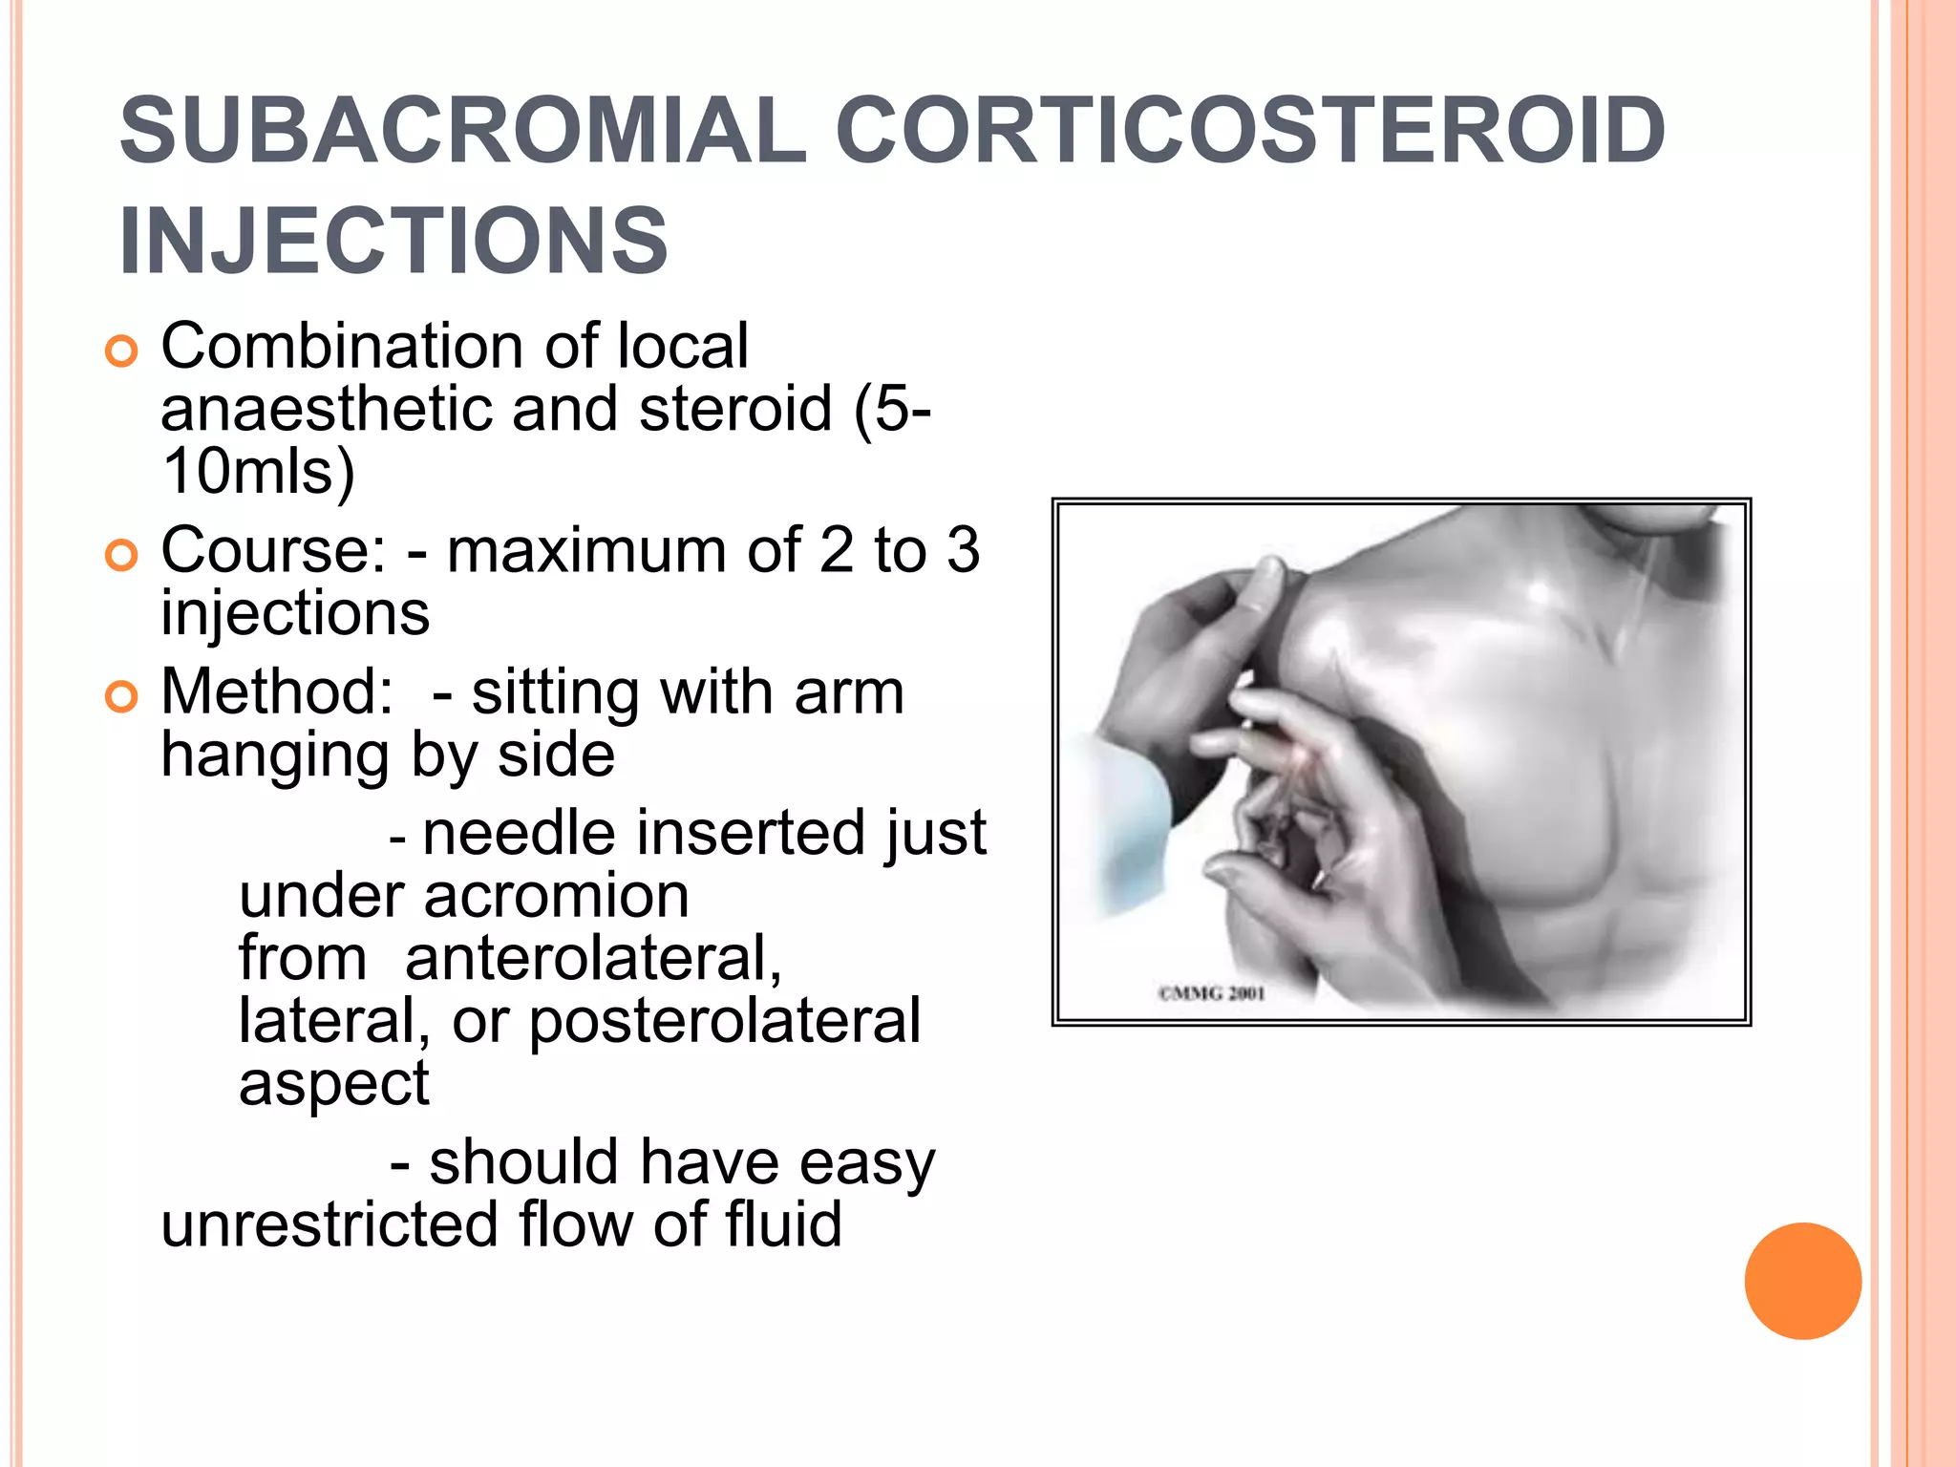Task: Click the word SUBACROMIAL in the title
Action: (x=463, y=131)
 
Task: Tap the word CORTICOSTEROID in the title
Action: (x=1250, y=131)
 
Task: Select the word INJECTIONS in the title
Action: (x=393, y=241)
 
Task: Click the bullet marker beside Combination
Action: (x=121, y=351)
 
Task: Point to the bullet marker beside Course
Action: (x=121, y=555)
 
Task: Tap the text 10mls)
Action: (x=258, y=472)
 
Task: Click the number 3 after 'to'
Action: (x=963, y=551)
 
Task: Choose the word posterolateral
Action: (x=725, y=1021)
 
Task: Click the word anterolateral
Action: (x=593, y=959)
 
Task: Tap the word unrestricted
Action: (x=329, y=1224)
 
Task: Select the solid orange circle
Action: (x=1802, y=1281)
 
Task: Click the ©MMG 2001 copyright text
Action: (x=1212, y=993)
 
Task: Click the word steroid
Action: (x=735, y=409)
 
